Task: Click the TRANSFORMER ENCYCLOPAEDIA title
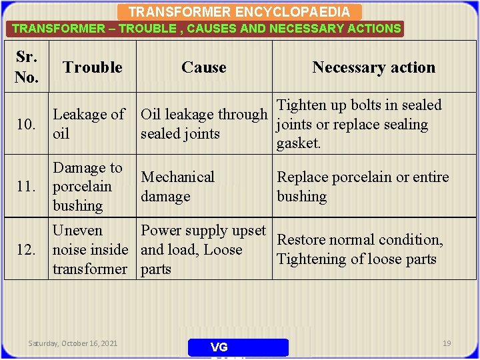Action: pyautogui.click(x=239, y=12)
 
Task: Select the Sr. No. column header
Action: pyautogui.click(x=27, y=67)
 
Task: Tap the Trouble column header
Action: pyautogui.click(x=93, y=67)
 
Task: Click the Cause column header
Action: pyautogui.click(x=204, y=67)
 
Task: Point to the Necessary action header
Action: pyautogui.click(x=373, y=67)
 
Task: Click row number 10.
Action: pyautogui.click(x=26, y=124)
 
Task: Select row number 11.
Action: pyautogui.click(x=26, y=187)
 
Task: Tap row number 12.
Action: pyautogui.click(x=26, y=250)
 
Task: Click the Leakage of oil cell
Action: pyautogui.click(x=89, y=124)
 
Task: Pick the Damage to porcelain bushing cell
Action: pyautogui.click(x=87, y=187)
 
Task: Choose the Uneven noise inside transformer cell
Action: pyautogui.click(x=90, y=250)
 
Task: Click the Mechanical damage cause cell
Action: pyautogui.click(x=177, y=187)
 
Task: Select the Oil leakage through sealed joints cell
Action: pyautogui.click(x=203, y=124)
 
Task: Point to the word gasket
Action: pyautogui.click(x=299, y=143)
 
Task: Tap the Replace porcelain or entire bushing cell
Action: pyautogui.click(x=363, y=187)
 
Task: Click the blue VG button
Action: pyautogui.click(x=238, y=347)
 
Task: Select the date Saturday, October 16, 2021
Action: pyautogui.click(x=73, y=343)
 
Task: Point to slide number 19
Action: pyautogui.click(x=447, y=343)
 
